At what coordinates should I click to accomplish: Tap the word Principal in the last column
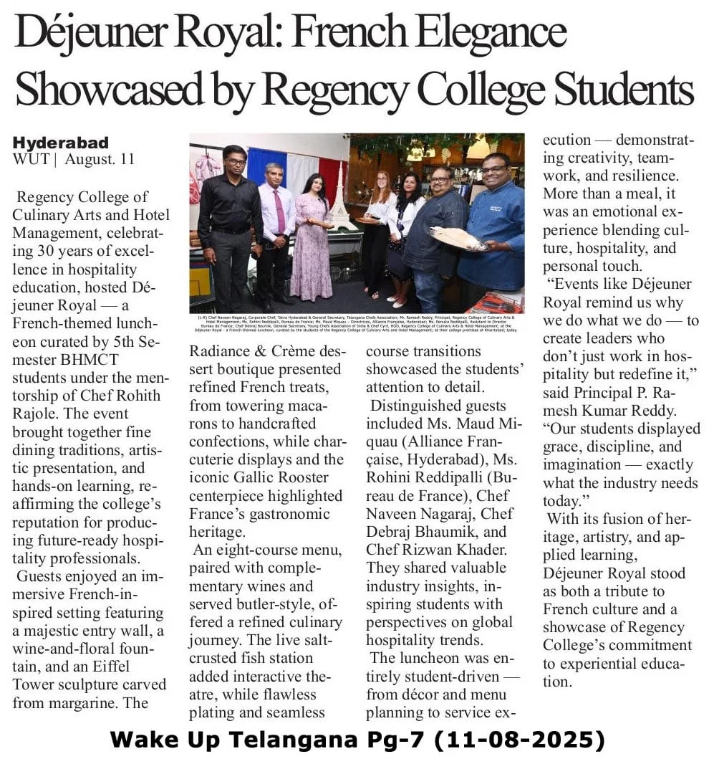[608, 392]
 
